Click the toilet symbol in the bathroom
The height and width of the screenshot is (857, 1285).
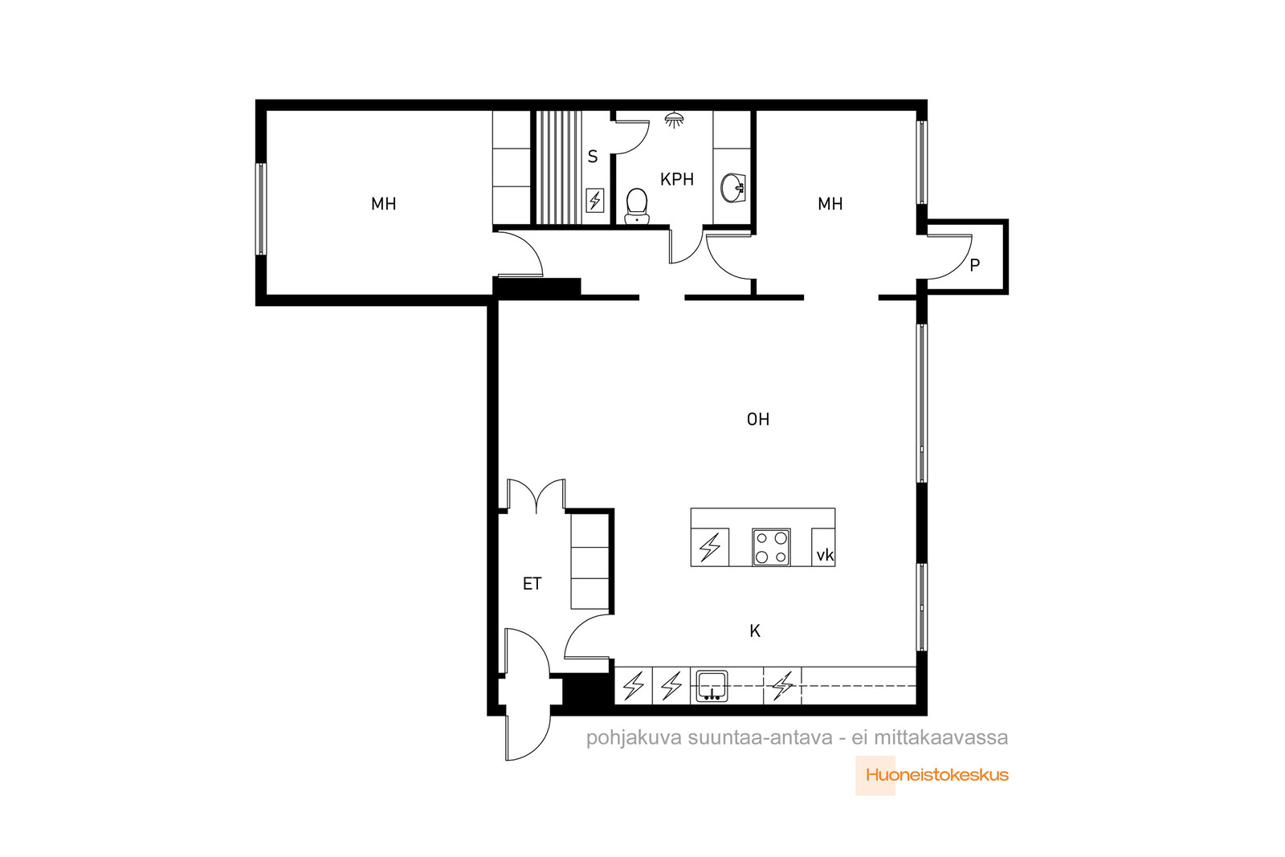pos(636,206)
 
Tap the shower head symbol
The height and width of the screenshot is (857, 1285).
pos(674,120)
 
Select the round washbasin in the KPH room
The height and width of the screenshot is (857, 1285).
pos(732,188)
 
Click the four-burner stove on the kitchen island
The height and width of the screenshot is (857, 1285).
pos(771,547)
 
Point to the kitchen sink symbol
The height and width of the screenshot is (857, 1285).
pos(712,685)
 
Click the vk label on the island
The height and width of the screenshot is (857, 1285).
pos(825,555)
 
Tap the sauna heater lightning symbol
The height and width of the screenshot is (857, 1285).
pos(595,201)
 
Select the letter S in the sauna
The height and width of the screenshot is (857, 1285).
pos(593,156)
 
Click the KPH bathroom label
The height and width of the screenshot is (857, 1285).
pos(677,180)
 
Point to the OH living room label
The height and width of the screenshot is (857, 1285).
pos(758,419)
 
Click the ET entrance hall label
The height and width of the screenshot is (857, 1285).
pos(532,584)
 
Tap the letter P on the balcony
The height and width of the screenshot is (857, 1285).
pos(975,265)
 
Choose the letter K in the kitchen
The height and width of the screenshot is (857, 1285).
pos(755,631)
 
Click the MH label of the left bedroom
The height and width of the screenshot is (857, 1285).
pos(383,204)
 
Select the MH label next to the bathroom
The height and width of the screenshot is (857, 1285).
pos(830,204)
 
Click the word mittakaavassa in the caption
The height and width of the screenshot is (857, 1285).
pos(940,737)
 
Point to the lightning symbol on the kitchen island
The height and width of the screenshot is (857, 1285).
pos(710,547)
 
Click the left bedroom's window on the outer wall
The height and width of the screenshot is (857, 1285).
pos(261,209)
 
